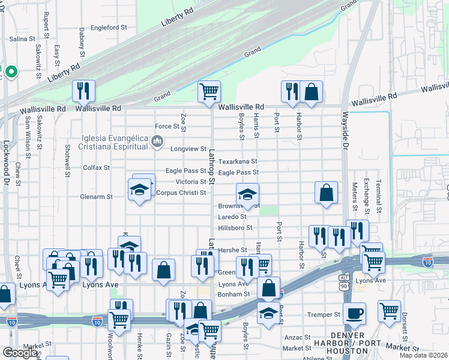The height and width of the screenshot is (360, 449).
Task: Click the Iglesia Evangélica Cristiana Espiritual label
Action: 115,142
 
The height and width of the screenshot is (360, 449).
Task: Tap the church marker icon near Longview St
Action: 157,142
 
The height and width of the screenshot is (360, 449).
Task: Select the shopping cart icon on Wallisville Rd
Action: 209,91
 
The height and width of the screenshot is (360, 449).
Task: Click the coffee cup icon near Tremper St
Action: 354,313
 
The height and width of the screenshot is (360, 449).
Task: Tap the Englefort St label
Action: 109,28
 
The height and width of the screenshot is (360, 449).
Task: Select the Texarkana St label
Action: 238,161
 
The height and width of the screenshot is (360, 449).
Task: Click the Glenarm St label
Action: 96,196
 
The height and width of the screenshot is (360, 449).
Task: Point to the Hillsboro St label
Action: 235,228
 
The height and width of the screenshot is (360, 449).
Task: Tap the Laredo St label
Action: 232,217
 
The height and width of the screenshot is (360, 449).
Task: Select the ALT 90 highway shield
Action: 343,279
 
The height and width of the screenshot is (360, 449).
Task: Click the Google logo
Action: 20,352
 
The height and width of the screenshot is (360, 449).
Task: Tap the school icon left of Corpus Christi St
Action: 139,190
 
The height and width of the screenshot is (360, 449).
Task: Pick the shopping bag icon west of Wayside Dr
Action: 326,192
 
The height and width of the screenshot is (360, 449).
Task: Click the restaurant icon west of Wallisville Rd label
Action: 84,91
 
